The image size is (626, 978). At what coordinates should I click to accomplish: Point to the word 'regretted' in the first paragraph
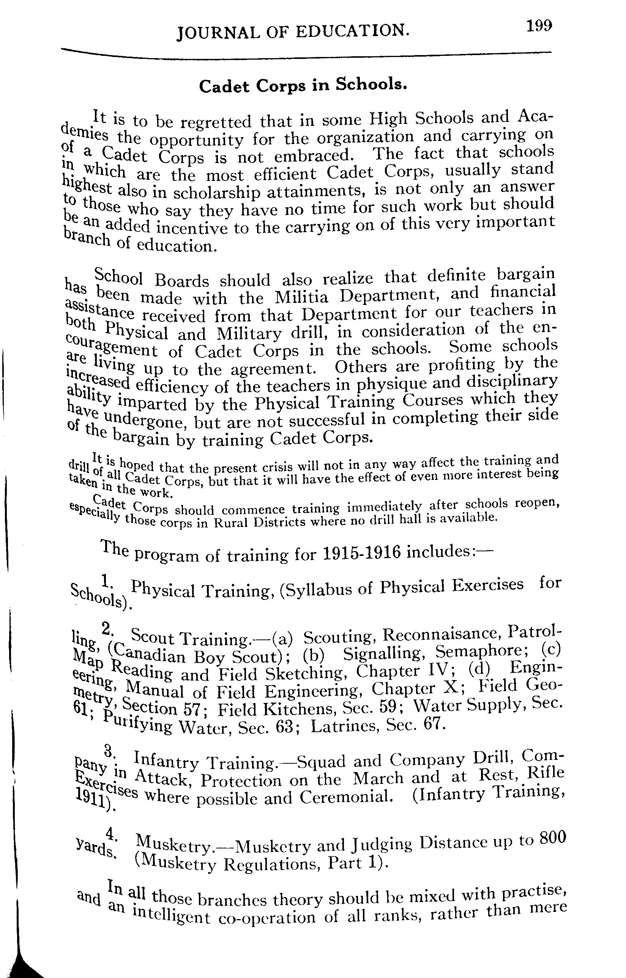coord(217,122)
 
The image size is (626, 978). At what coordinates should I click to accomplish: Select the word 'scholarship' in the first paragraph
coord(217,192)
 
